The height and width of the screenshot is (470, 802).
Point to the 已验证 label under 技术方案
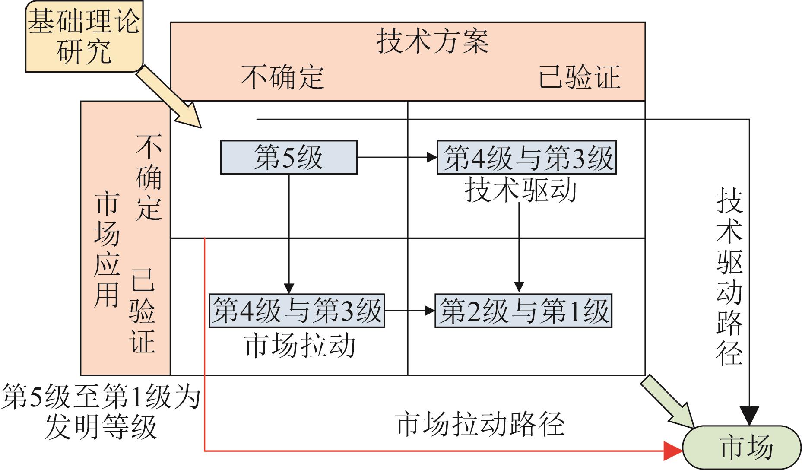point(579,77)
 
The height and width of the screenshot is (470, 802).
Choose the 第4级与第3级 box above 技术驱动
point(526,158)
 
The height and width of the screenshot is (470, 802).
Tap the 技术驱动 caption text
point(520,191)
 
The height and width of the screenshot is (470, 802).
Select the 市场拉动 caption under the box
point(300,346)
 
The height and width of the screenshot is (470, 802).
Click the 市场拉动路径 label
point(479,424)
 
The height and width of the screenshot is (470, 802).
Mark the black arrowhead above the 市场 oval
point(749,416)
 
